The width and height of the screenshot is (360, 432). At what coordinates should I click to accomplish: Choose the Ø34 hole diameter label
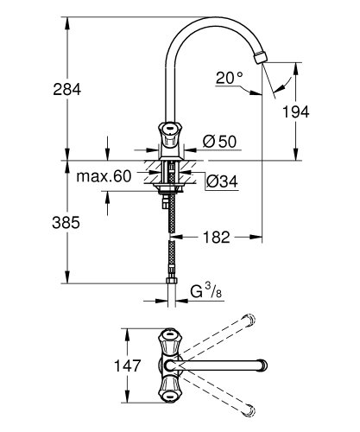click(221, 181)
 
